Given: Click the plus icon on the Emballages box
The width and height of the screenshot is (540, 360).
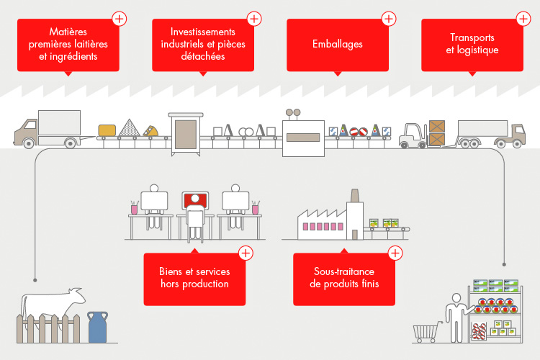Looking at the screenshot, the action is point(389,19).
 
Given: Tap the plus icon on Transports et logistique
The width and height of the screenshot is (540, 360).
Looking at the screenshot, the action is point(523,19).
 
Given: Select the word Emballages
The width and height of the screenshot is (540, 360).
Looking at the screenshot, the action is point(338,44).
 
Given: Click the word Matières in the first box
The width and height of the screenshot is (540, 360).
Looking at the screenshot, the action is point(68,32).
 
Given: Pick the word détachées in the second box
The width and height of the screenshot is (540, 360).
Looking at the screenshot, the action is point(203,56).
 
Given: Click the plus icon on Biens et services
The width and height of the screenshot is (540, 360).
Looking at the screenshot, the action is point(246,253).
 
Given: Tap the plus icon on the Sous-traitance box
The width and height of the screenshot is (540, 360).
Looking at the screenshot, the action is point(395,253).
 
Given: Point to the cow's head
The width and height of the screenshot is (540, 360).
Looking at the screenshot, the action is point(77,296).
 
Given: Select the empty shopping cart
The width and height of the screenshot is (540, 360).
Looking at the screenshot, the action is point(427,332).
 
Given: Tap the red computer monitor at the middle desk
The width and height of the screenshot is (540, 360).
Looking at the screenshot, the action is point(195,200).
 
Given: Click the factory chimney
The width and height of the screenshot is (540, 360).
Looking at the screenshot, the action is point(355,195).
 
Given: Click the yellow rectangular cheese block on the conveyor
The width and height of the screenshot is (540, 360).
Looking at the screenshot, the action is point(107,130).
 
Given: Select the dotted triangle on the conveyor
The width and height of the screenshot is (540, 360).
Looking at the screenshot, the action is point(129,128).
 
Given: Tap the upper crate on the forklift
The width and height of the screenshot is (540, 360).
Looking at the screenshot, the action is point(437,127).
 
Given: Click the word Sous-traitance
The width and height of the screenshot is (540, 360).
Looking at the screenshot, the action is point(344,271).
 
